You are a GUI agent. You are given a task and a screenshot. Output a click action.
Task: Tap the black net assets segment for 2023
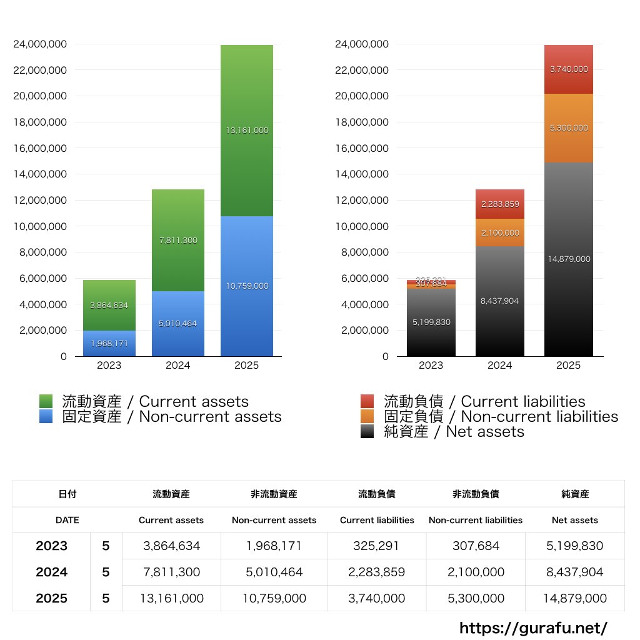[x=431, y=337]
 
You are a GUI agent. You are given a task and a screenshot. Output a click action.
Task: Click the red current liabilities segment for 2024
[x=499, y=204]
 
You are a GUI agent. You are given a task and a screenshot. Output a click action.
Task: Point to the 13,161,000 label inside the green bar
[x=246, y=131]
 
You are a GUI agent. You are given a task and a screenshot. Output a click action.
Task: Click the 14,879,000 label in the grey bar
[x=568, y=259]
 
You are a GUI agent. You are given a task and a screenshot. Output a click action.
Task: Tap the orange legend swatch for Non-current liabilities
[x=367, y=417]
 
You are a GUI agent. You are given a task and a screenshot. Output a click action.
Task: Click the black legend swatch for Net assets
[x=367, y=432]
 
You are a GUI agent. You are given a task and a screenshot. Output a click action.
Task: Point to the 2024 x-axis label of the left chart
[x=177, y=366]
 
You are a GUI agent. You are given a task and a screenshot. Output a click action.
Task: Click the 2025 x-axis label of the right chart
[x=568, y=366]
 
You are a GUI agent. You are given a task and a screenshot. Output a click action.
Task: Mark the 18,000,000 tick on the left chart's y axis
[x=39, y=122]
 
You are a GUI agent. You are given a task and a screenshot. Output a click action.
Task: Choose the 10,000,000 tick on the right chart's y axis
[x=362, y=226]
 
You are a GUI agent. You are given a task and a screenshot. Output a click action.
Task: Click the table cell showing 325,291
[x=377, y=546]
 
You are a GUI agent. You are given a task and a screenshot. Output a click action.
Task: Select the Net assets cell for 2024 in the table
[x=575, y=572]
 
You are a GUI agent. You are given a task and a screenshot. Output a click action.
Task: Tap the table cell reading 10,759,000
[x=274, y=599]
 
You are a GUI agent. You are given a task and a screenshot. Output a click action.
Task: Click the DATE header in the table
[x=67, y=520]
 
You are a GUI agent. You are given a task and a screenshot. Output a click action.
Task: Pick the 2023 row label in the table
[x=51, y=546]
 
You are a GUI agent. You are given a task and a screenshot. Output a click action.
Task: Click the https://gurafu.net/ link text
[x=533, y=627]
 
